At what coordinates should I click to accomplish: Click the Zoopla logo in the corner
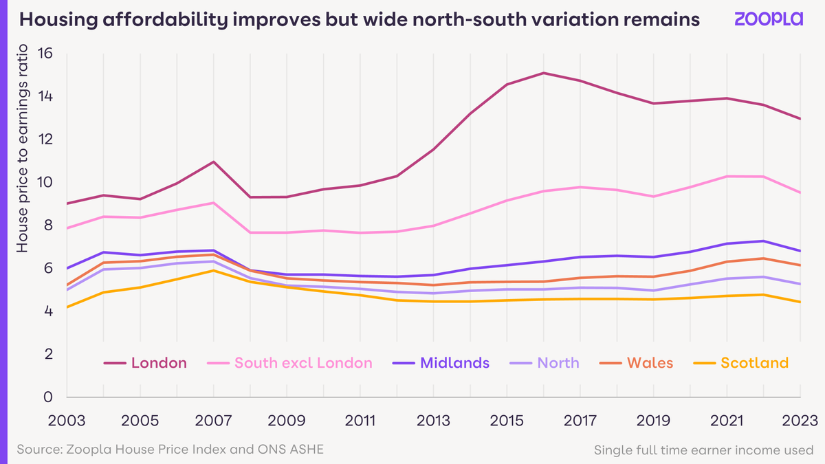(x=768, y=19)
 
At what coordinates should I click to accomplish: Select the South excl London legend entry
(x=303, y=363)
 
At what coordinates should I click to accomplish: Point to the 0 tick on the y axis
(x=47, y=397)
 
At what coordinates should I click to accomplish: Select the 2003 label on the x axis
(x=67, y=419)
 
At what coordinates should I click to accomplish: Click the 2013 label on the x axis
(x=433, y=419)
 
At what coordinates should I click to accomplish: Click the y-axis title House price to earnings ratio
(x=22, y=148)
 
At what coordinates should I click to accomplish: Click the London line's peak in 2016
(x=544, y=73)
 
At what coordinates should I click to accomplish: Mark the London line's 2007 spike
(x=214, y=162)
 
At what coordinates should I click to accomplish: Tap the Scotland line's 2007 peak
(x=214, y=270)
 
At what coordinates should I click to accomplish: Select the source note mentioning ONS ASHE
(x=170, y=449)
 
